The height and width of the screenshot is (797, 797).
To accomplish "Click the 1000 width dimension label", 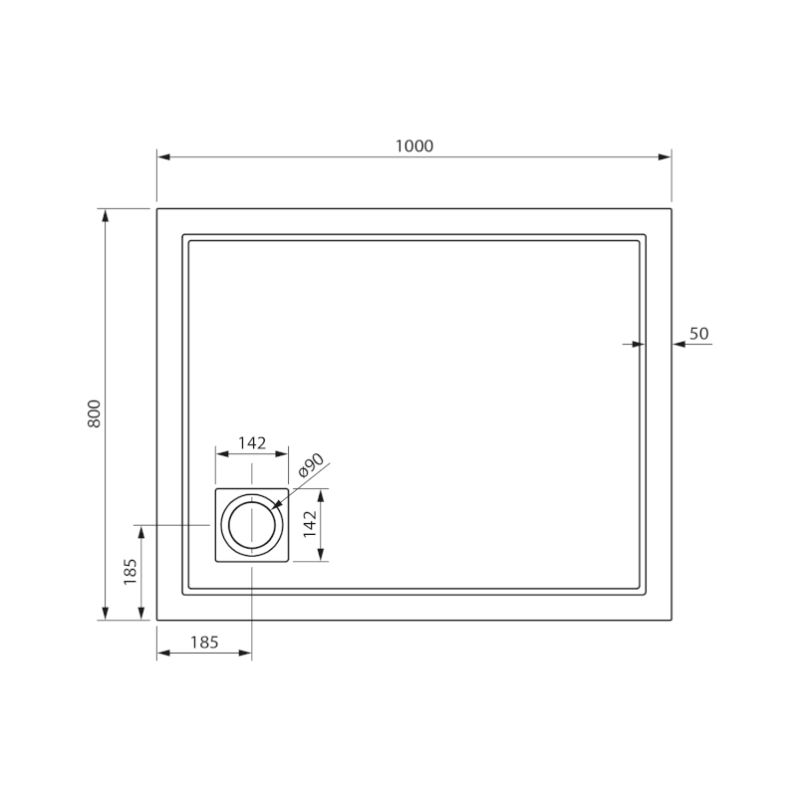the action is pos(414,146).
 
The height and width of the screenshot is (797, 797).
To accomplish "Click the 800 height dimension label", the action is pos(95,413).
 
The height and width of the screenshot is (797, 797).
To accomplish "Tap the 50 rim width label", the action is pos(699,334).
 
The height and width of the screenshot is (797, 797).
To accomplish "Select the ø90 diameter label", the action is pos(311,465).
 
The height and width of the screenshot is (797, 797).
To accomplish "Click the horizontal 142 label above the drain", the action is pos(252,443).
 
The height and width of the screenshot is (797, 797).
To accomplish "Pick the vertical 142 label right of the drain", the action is pos(310,524).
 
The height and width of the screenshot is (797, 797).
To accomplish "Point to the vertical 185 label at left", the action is pos(131,572).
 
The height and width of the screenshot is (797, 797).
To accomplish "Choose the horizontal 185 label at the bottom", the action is pos(204,643).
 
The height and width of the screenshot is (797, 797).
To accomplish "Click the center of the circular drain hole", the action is pos(252,525).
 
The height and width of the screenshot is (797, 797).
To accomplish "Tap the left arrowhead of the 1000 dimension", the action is pos(163,157).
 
